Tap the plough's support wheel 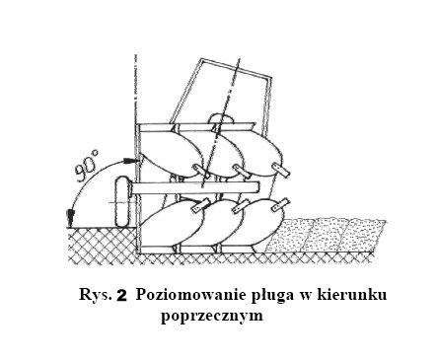122,201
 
